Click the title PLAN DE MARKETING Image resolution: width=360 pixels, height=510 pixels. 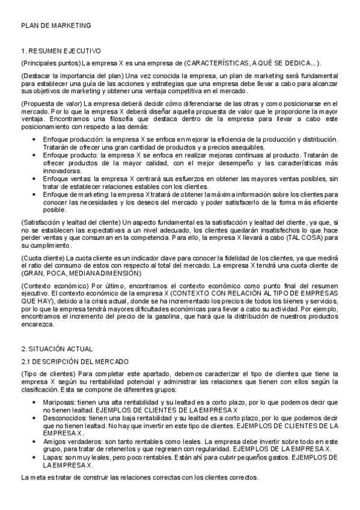click(55, 26)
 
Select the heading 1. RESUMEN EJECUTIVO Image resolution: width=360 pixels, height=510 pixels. click(61, 51)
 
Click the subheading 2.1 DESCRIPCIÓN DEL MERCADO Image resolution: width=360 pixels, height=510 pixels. click(74, 361)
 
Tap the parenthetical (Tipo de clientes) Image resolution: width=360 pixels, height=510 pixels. click(47, 373)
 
